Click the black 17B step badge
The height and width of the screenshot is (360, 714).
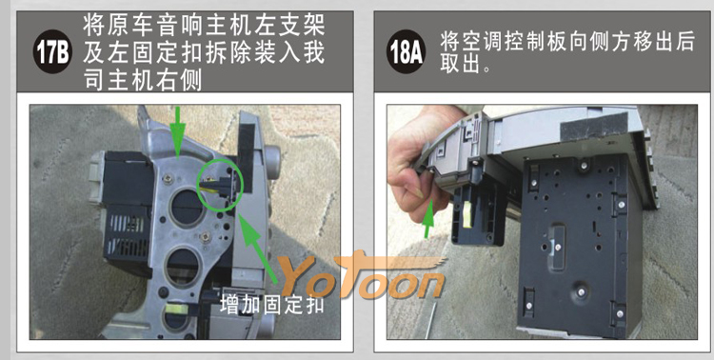pos(52,52)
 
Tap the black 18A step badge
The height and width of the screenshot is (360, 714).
pos(406,52)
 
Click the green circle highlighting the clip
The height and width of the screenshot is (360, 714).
pos(220,184)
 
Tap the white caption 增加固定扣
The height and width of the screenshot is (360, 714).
pos(272,304)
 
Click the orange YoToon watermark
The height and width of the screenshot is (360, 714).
pos(363,275)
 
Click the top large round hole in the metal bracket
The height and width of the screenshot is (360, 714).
pos(187,208)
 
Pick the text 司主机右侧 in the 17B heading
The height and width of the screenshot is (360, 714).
pos(143,80)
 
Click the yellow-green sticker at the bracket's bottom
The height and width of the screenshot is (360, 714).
pos(176,309)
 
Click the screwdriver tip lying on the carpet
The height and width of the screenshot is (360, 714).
pos(430,319)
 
